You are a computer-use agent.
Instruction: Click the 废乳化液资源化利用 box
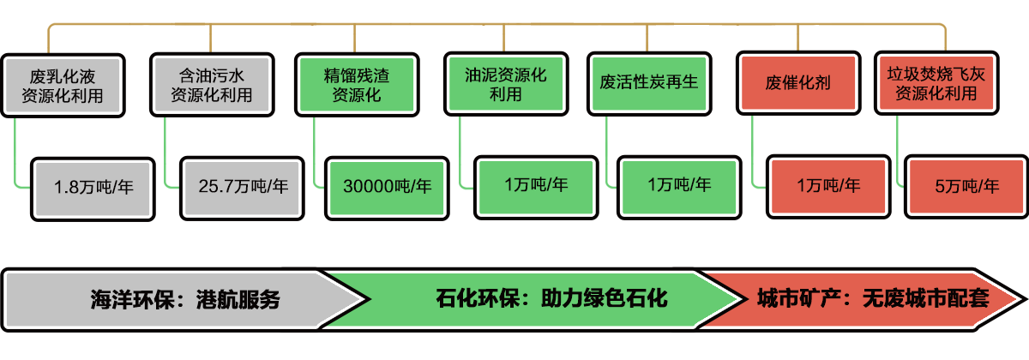65,85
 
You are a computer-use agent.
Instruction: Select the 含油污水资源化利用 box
212,85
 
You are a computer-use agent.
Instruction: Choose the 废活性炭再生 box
649,83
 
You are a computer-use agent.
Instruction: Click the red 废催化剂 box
797,83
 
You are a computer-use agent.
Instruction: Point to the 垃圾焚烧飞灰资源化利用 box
936,83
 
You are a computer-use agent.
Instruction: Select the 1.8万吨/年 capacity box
93,186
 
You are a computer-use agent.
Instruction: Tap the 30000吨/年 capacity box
387,186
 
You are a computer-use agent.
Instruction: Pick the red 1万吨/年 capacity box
827,184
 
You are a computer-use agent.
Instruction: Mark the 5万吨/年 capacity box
967,186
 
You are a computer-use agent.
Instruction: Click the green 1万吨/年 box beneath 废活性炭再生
679,184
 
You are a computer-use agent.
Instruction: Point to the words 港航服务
238,300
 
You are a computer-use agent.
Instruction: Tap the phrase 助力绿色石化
604,298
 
